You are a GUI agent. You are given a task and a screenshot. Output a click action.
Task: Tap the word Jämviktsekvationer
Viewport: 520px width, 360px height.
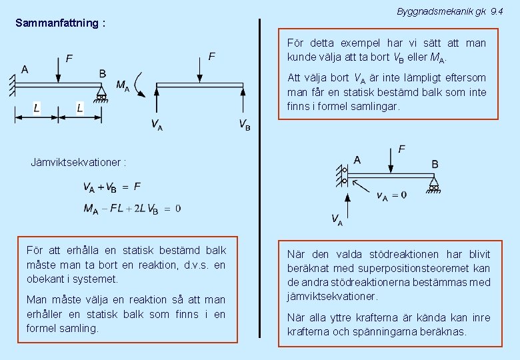pyautogui.click(x=79, y=162)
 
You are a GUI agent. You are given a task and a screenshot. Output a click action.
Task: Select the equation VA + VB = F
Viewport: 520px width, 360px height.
pyautogui.click(x=111, y=187)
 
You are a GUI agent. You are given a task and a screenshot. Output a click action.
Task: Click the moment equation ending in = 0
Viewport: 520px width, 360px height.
pyautogui.click(x=131, y=209)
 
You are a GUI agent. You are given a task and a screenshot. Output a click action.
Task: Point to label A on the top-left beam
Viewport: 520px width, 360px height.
pyautogui.click(x=25, y=69)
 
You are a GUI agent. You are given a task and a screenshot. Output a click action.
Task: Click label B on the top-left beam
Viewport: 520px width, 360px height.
pyautogui.click(x=102, y=73)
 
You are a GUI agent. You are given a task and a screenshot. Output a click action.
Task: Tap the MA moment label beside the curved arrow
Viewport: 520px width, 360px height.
pyautogui.click(x=123, y=86)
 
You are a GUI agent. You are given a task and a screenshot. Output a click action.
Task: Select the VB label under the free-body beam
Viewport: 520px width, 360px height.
pyautogui.click(x=245, y=125)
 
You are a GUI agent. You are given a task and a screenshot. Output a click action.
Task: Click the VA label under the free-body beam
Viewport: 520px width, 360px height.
pyautogui.click(x=156, y=125)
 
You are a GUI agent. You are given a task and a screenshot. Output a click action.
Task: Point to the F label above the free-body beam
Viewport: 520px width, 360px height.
pyautogui.click(x=211, y=57)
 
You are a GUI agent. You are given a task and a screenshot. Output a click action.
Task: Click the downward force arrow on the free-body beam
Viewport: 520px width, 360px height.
pyautogui.click(x=201, y=69)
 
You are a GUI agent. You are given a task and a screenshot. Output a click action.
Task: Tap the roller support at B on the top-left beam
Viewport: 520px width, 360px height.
pyautogui.click(x=101, y=92)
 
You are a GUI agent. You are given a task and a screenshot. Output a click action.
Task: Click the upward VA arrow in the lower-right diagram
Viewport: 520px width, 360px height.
pyautogui.click(x=347, y=203)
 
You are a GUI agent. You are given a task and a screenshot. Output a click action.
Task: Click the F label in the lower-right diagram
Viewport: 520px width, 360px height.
pyautogui.click(x=401, y=149)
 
